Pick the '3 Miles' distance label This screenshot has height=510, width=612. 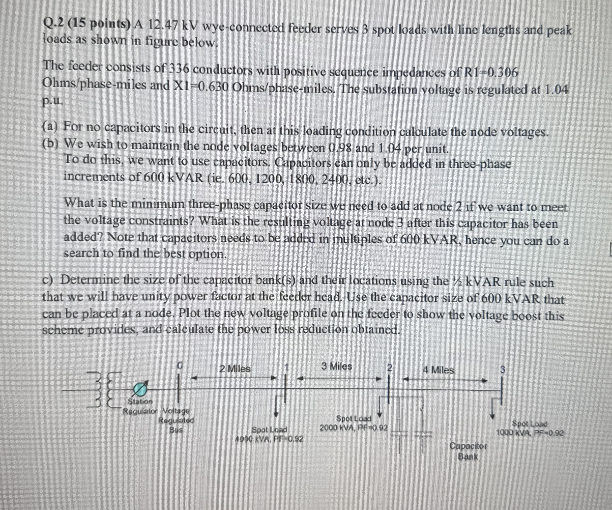click(337, 366)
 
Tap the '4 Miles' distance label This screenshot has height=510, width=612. click(438, 370)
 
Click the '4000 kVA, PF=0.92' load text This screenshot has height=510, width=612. click(269, 438)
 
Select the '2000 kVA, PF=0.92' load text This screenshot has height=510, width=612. click(354, 428)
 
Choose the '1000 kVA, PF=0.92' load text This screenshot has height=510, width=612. click(530, 433)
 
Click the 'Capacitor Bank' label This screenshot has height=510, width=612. click(468, 450)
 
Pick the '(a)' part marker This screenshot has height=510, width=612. click(50, 127)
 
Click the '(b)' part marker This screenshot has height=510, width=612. click(50, 143)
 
